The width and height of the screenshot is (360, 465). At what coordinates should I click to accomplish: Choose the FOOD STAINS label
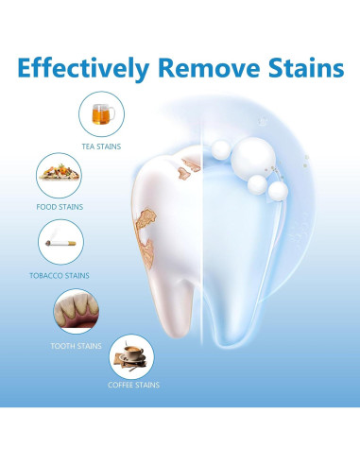click(59, 206)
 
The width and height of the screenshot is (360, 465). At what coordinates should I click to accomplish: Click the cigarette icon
click(60, 242)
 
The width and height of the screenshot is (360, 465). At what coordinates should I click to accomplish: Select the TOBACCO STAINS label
click(60, 275)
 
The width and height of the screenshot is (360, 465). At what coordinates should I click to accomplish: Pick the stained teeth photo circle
click(75, 310)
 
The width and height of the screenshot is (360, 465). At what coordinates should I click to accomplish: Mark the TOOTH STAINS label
click(76, 345)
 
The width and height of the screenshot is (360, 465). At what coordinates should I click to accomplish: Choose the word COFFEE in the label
click(120, 385)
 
